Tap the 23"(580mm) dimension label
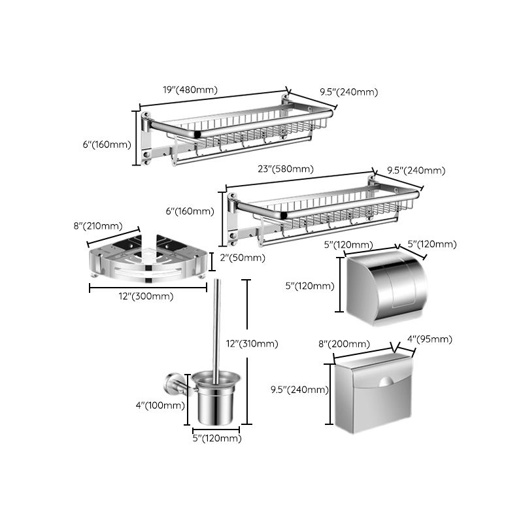pyautogui.click(x=286, y=169)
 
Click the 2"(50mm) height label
pyautogui.click(x=242, y=258)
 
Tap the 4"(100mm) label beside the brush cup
pyautogui.click(x=160, y=405)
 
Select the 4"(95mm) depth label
pyautogui.click(x=429, y=339)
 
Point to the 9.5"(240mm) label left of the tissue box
pyautogui.click(x=299, y=390)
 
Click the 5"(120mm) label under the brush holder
pyautogui.click(x=216, y=439)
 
